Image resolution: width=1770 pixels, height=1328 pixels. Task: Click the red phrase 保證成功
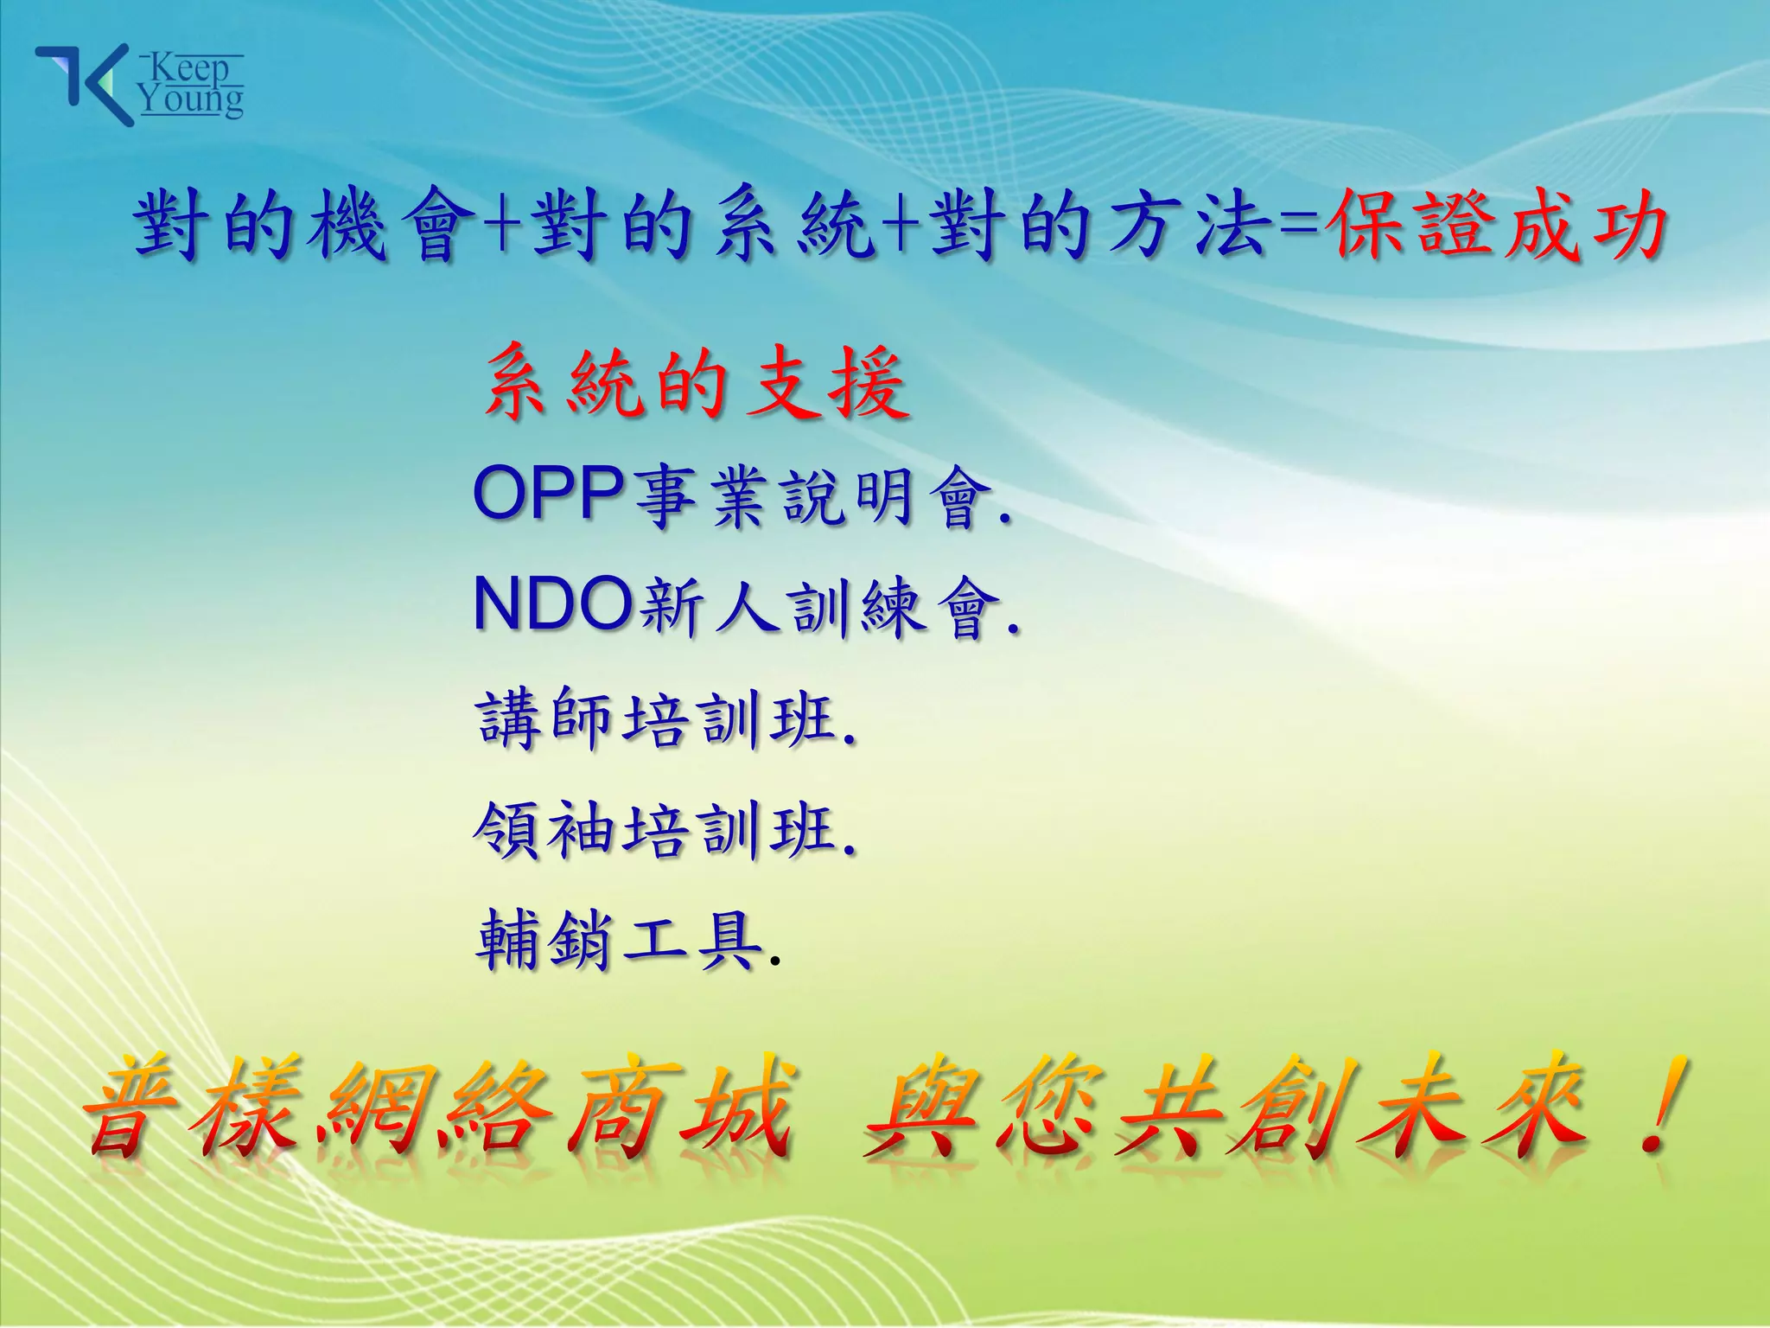(x=1499, y=227)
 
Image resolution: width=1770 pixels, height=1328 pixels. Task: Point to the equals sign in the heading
(x=1296, y=227)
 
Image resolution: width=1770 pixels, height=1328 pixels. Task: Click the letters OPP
(x=549, y=493)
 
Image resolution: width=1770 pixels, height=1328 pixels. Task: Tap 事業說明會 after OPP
(x=812, y=497)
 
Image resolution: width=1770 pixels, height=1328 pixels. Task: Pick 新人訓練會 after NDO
(x=821, y=607)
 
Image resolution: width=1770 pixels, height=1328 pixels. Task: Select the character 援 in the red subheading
(x=869, y=385)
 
